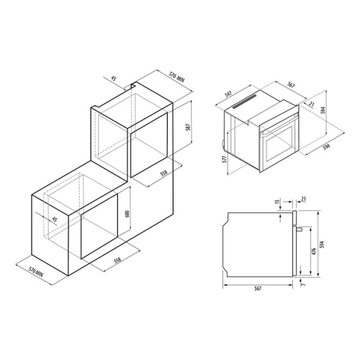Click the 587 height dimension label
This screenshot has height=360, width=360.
pyautogui.click(x=189, y=127)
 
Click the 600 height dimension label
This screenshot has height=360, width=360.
pyautogui.click(x=127, y=214)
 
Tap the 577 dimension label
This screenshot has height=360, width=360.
pyautogui.click(x=224, y=159)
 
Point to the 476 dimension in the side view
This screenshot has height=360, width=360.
pyautogui.click(x=314, y=251)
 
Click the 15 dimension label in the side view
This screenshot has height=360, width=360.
pyautogui.click(x=277, y=202)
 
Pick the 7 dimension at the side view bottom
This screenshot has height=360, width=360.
pyautogui.click(x=303, y=284)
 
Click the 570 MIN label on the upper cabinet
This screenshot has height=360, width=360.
pyautogui.click(x=176, y=77)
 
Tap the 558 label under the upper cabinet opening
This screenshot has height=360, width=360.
pyautogui.click(x=163, y=174)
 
